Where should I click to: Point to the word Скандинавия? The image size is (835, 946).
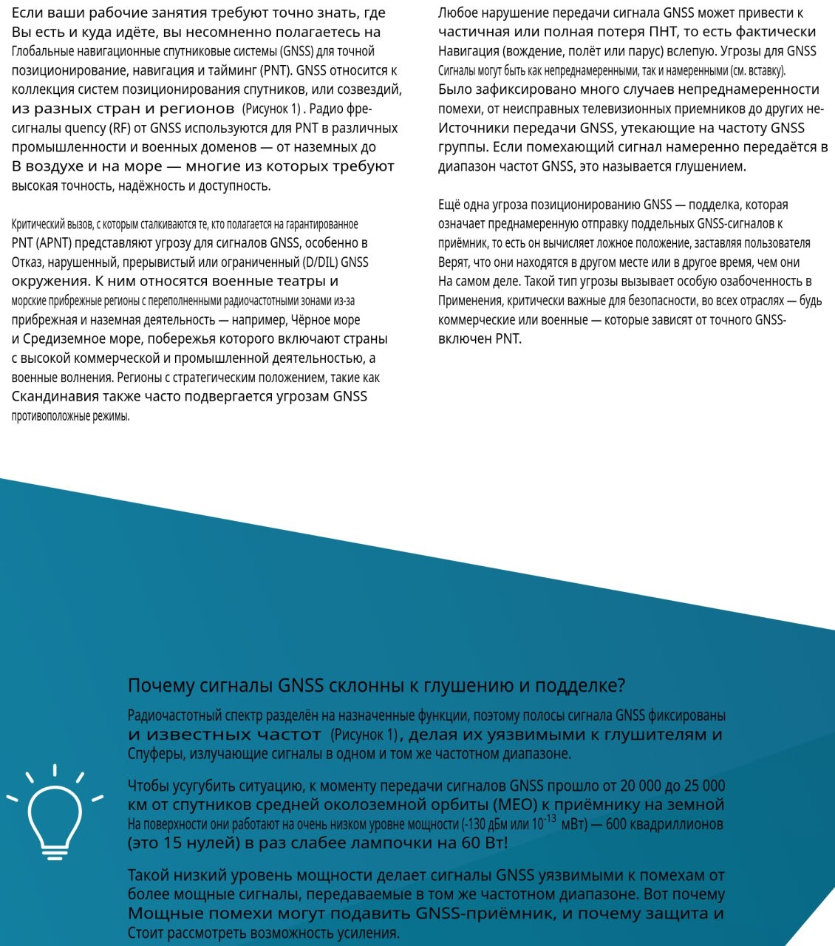(55, 397)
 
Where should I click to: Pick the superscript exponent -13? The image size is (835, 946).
(550, 818)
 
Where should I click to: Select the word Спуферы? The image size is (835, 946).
(156, 754)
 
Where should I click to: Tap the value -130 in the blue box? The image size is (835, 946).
(475, 824)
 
